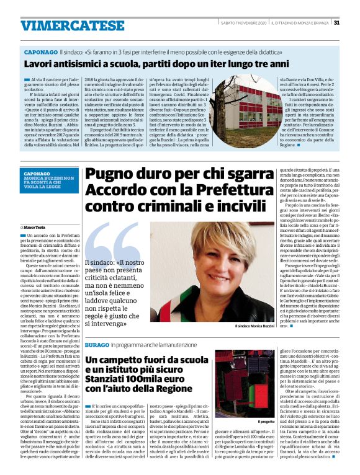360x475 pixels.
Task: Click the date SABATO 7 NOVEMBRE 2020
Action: coord(244,23)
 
